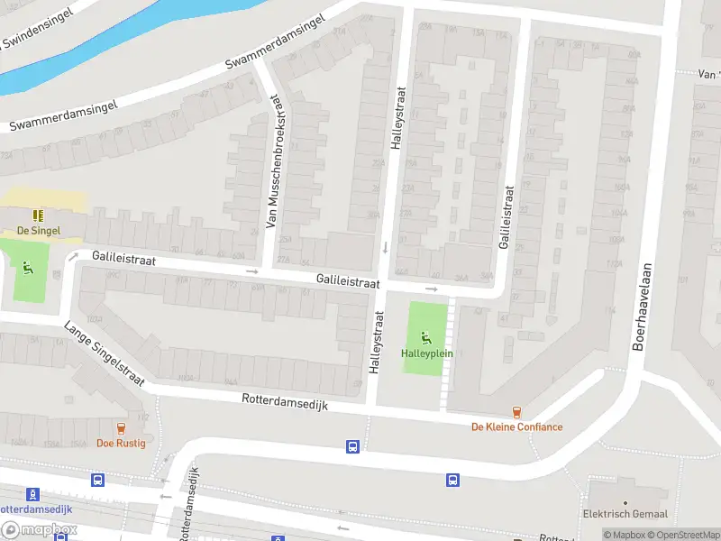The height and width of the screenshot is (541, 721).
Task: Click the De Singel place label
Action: pos(38,230)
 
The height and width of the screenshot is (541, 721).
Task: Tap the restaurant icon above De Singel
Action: pos(38,215)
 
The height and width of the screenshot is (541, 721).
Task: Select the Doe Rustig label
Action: pos(121,443)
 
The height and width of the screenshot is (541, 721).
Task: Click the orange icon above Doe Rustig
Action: pos(121,428)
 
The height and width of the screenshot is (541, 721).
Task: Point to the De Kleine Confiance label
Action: pos(517,426)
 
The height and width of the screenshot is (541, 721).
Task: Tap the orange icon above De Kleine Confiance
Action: pos(516,412)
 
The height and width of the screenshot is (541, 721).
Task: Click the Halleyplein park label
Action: pos(427,353)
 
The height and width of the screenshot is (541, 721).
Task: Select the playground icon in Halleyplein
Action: pos(427,337)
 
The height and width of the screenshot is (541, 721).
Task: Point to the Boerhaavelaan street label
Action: pos(643,307)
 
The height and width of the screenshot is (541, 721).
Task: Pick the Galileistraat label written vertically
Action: pos(507,218)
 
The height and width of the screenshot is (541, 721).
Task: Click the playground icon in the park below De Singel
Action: pos(28,267)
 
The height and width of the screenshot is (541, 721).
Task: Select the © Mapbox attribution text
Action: pos(623,535)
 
